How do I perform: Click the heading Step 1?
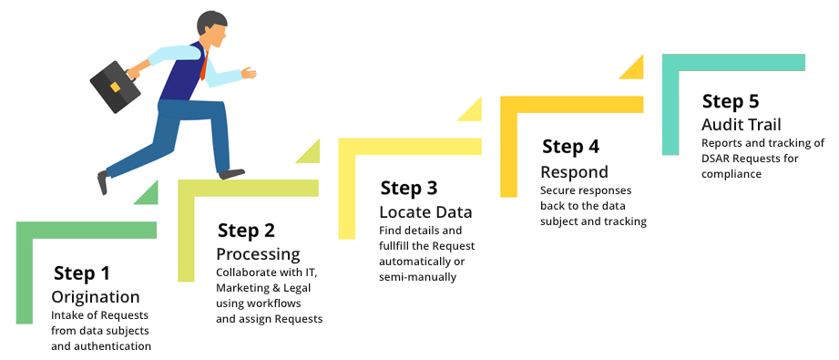tap(81, 273)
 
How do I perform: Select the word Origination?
tap(96, 297)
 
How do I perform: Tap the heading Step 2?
tap(246, 231)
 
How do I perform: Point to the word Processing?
tap(258, 253)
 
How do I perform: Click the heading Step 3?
tap(409, 188)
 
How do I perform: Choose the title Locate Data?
tap(425, 212)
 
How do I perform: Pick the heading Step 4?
tap(570, 146)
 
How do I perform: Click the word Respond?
tap(574, 172)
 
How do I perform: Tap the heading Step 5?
tap(731, 101)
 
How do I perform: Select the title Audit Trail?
tap(742, 124)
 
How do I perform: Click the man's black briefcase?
tap(115, 87)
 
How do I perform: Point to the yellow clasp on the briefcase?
tap(115, 87)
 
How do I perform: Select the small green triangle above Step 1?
tap(148, 194)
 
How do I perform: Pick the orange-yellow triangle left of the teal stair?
tap(632, 68)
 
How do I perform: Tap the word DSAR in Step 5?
tap(715, 159)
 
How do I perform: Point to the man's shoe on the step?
tap(231, 173)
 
